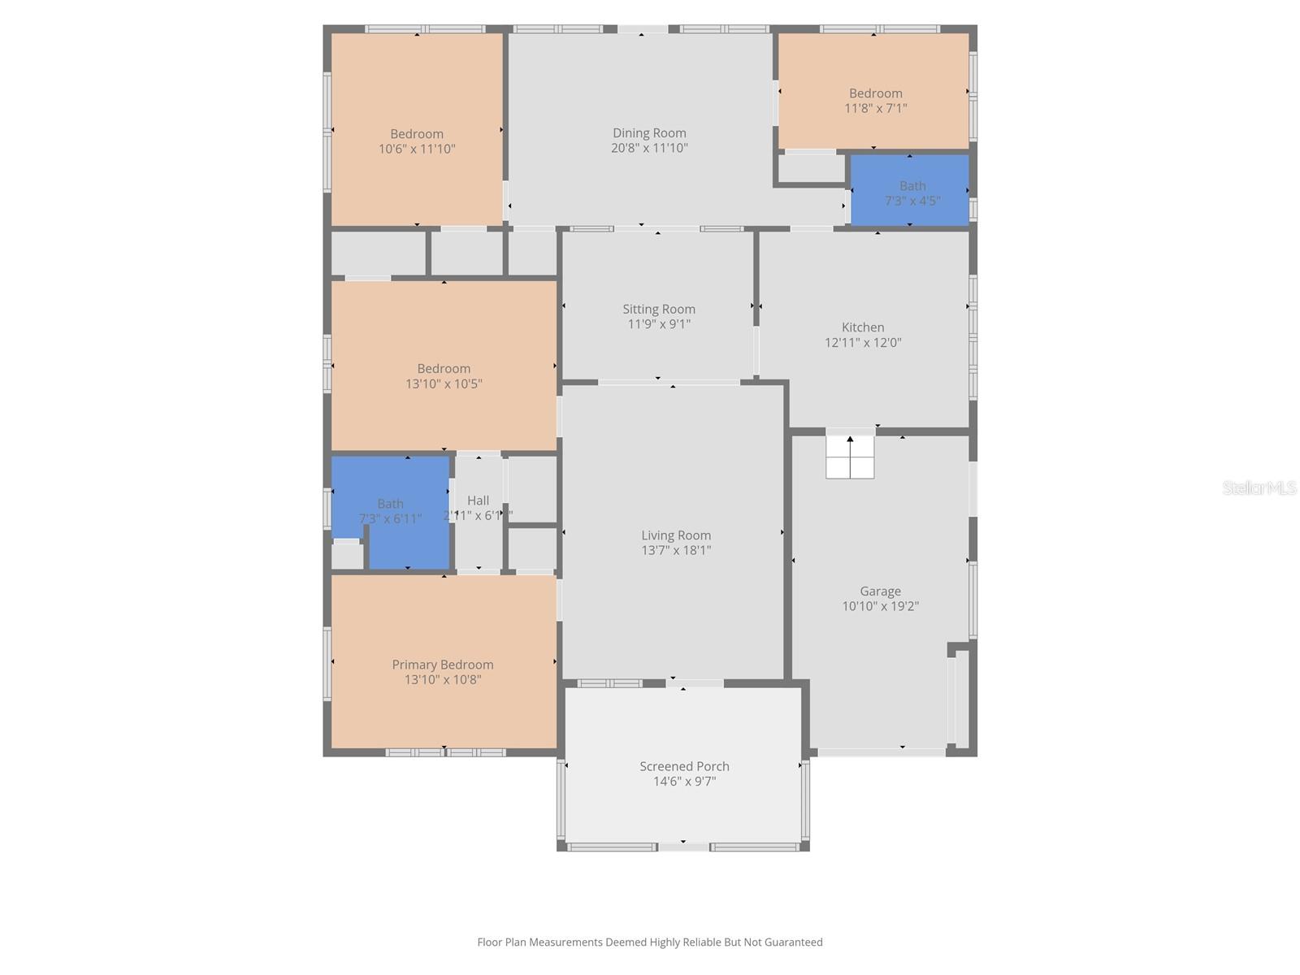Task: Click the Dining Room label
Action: tap(649, 133)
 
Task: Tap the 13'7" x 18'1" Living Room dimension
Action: tap(676, 550)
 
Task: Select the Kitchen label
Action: tap(863, 327)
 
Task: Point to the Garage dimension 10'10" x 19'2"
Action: tap(880, 606)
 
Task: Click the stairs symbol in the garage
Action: tap(850, 457)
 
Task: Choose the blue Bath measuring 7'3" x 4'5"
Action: tap(910, 190)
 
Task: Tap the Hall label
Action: tap(478, 500)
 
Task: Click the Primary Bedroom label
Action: tap(443, 665)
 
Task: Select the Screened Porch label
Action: tap(684, 766)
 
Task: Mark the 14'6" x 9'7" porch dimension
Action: tap(684, 782)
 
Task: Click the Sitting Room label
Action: tap(659, 309)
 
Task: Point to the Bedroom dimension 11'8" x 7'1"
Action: tap(876, 108)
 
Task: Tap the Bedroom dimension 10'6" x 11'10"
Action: tap(417, 149)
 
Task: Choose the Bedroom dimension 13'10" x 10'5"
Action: tap(444, 383)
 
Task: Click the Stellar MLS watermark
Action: tap(1259, 487)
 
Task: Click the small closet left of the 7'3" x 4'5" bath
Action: tap(811, 168)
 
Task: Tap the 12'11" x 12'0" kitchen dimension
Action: tap(863, 343)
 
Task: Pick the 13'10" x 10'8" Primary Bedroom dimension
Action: tap(443, 680)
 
